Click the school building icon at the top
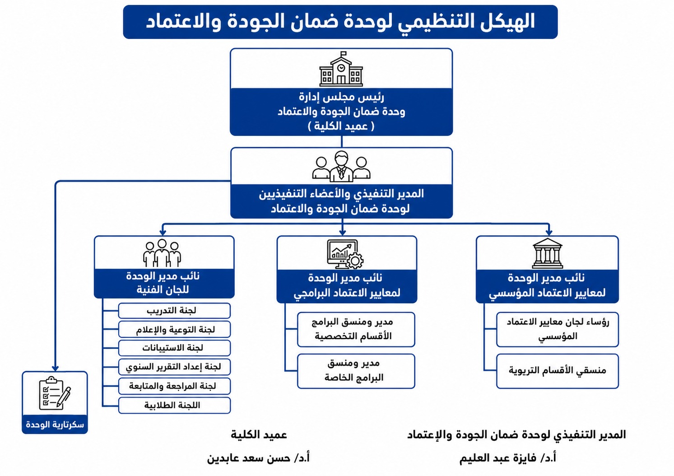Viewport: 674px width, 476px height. pyautogui.click(x=341, y=69)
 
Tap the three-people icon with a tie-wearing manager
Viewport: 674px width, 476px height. pyautogui.click(x=341, y=167)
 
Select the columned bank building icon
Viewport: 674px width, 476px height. pyautogui.click(x=547, y=253)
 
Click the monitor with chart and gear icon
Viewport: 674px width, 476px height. pyautogui.click(x=345, y=254)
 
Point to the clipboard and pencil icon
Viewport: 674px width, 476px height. pyautogui.click(x=55, y=393)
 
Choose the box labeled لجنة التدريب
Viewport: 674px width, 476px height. pyautogui.click(x=175, y=311)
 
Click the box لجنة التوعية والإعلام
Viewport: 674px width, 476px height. pyautogui.click(x=175, y=329)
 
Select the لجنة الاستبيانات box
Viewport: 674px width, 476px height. pyautogui.click(x=175, y=348)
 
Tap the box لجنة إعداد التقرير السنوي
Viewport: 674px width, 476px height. pyautogui.click(x=175, y=367)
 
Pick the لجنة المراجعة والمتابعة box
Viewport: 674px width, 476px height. pyautogui.click(x=175, y=386)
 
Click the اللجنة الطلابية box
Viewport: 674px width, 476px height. pyautogui.click(x=175, y=405)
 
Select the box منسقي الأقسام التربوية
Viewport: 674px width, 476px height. pyautogui.click(x=558, y=371)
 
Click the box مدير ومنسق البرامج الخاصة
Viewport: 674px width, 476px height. pyautogui.click(x=356, y=371)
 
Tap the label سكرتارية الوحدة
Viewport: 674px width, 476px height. pyautogui.click(x=55, y=425)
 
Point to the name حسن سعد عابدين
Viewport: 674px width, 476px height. pyautogui.click(x=249, y=458)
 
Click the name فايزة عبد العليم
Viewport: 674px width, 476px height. pyautogui.click(x=498, y=458)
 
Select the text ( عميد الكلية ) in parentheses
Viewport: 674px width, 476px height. pyautogui.click(x=341, y=126)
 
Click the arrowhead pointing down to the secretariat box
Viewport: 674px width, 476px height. pyautogui.click(x=55, y=369)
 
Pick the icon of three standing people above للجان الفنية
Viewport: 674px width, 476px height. pyautogui.click(x=162, y=253)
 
